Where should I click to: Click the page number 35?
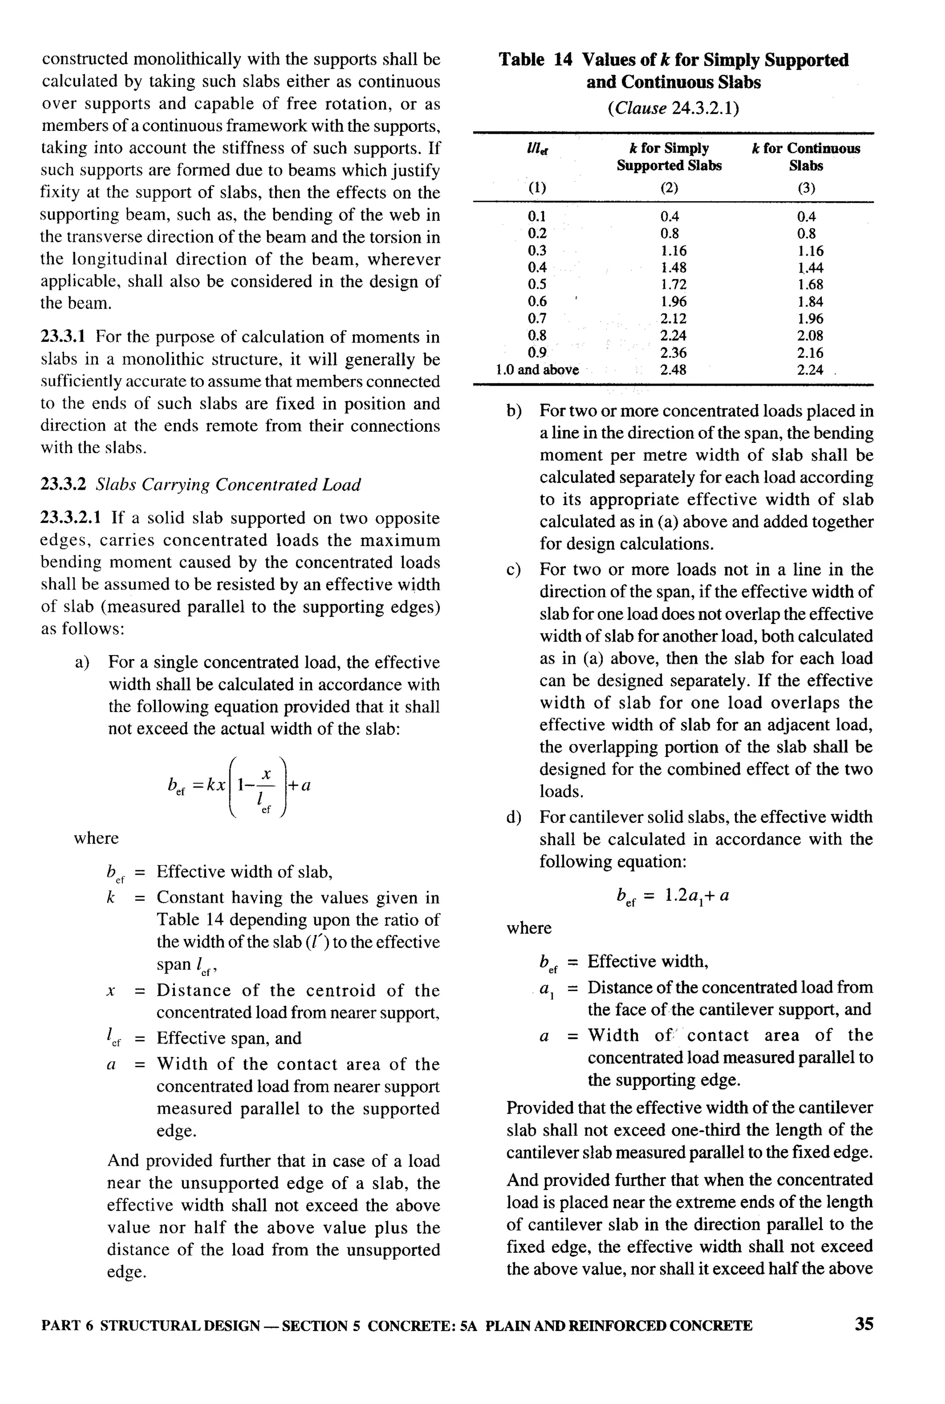click(864, 1323)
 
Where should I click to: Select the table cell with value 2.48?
click(673, 370)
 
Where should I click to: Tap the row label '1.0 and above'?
click(537, 370)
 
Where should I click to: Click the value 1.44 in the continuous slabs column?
click(809, 268)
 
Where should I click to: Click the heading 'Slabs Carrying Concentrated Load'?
click(228, 484)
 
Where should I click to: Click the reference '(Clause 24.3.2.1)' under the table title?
click(673, 108)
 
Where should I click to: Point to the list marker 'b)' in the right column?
click(514, 411)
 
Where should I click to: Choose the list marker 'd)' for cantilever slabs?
click(514, 817)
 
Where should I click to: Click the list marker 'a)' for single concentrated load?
click(82, 662)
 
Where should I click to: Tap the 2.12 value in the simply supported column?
click(673, 319)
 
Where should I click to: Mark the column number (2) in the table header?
click(669, 188)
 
